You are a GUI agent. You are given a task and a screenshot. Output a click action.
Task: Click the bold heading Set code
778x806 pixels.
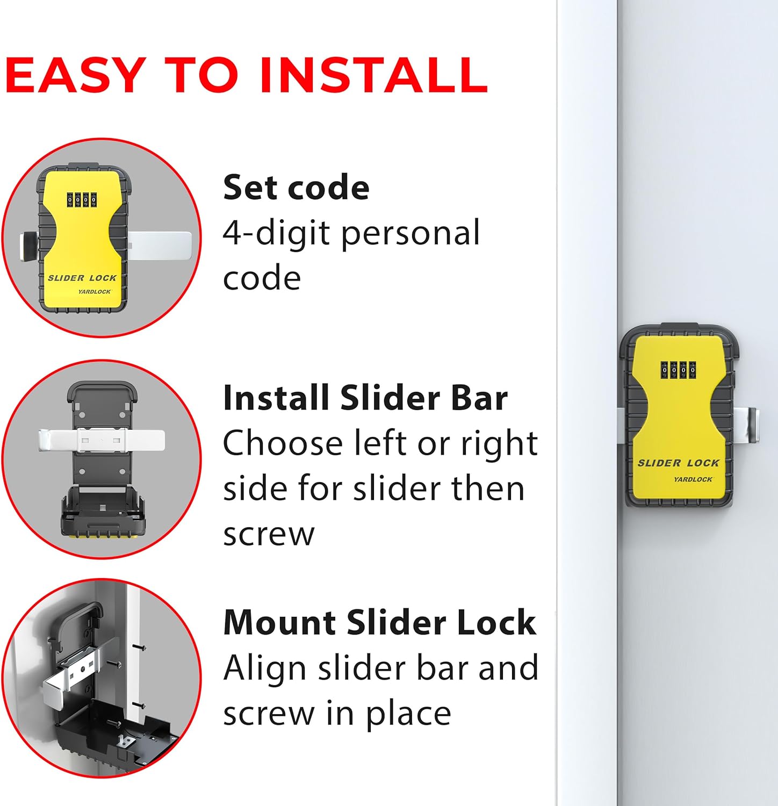pos(296,188)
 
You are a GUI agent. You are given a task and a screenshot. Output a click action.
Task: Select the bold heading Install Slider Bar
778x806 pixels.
pos(365,398)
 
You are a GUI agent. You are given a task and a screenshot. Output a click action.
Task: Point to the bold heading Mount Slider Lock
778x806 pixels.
pos(379,623)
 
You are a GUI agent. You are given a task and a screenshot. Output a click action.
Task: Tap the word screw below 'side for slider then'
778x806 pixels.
pos(269,534)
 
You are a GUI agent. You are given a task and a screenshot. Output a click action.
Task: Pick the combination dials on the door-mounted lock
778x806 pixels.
pos(678,370)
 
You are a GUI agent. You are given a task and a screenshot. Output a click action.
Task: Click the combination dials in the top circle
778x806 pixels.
pos(82,200)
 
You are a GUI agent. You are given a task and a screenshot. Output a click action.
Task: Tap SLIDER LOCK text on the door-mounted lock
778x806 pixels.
pos(678,463)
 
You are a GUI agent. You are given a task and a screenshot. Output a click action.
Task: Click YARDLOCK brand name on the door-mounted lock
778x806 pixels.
pos(693,479)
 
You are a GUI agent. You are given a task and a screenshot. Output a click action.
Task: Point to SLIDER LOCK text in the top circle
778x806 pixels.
pos(82,278)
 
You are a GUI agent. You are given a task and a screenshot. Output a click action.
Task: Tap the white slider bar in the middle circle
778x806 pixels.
pos(102,441)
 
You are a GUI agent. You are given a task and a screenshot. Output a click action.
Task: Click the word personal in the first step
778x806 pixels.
pos(410,234)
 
